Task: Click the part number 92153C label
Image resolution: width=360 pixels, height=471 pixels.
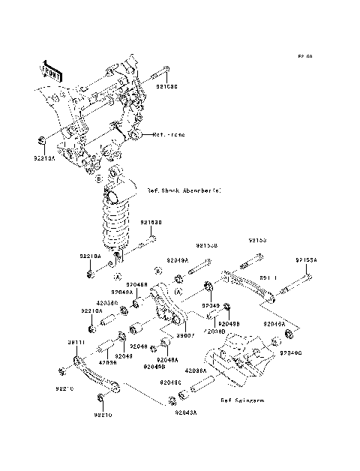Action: [167, 86]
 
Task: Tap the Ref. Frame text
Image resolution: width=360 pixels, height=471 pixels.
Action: [168, 136]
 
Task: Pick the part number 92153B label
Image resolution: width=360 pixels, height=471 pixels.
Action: [206, 244]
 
